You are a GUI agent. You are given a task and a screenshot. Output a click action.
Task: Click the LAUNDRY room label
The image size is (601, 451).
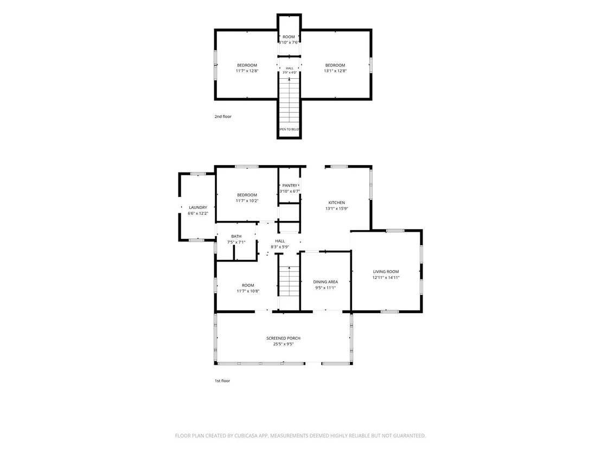point(198,207)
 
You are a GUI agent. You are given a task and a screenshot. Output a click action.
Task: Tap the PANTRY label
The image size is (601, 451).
point(290,186)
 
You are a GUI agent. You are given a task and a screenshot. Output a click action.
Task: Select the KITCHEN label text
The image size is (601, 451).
point(336,203)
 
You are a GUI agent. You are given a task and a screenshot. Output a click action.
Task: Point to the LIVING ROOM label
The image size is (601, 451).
point(386,272)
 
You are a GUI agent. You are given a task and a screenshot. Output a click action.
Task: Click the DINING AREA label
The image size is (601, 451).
point(325,282)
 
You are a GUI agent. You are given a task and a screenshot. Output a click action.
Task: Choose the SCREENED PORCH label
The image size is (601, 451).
point(284,338)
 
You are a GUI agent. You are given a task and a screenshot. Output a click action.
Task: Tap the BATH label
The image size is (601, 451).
point(236,237)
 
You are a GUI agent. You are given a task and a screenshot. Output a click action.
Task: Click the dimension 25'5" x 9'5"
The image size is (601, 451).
point(284,345)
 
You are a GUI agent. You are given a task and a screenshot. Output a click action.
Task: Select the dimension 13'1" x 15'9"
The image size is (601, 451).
point(336,209)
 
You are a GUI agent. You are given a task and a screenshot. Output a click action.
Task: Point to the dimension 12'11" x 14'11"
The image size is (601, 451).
point(386,278)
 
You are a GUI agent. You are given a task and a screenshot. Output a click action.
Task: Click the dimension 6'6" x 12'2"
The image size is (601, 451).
point(198,214)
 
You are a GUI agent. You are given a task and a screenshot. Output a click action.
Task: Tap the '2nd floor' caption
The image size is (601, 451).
point(223,117)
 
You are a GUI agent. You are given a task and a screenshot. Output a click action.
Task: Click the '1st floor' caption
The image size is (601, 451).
point(222,381)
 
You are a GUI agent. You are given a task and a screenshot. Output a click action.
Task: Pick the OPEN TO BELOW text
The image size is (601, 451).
point(290,130)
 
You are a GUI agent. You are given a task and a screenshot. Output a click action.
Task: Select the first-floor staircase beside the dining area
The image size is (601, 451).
point(289,281)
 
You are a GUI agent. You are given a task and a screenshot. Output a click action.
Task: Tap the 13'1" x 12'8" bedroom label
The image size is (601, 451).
point(335,68)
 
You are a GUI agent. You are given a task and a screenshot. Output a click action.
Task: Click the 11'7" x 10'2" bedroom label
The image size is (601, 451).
point(247,198)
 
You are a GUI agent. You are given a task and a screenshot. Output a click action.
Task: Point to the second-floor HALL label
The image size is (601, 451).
point(290,68)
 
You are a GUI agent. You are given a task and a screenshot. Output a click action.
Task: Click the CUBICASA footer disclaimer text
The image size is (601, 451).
point(300,436)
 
